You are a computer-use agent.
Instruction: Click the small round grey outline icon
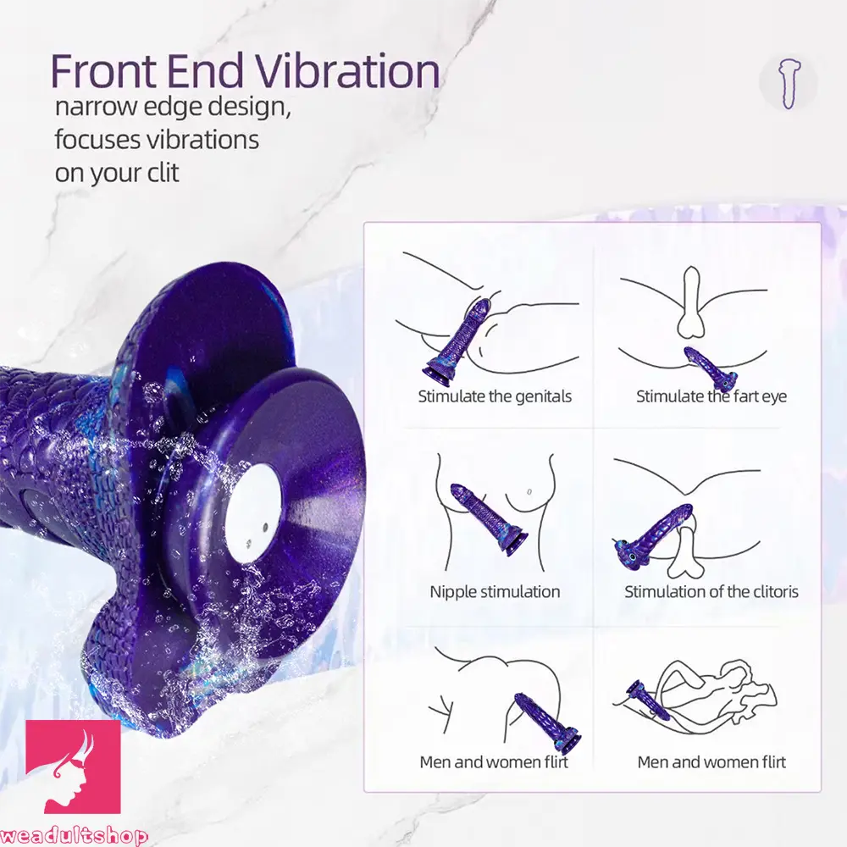pos(788,83)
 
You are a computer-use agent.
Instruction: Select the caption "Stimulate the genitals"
pos(495,396)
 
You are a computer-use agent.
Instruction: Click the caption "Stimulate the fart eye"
pos(711,396)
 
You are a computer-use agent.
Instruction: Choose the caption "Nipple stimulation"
pos(495,592)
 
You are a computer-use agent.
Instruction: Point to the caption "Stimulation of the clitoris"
pos(711,592)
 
